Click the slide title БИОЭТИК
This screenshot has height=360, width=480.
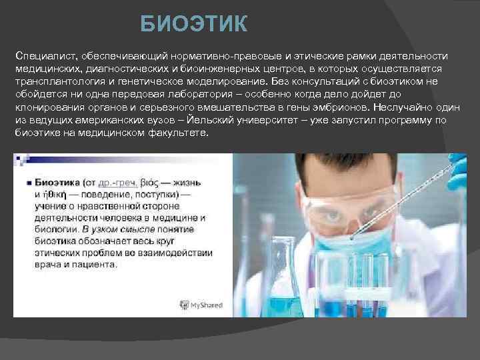point(193,25)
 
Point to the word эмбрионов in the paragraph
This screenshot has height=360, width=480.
point(338,107)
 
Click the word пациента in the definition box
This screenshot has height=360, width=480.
point(96,265)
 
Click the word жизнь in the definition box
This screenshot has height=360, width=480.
point(202,163)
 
